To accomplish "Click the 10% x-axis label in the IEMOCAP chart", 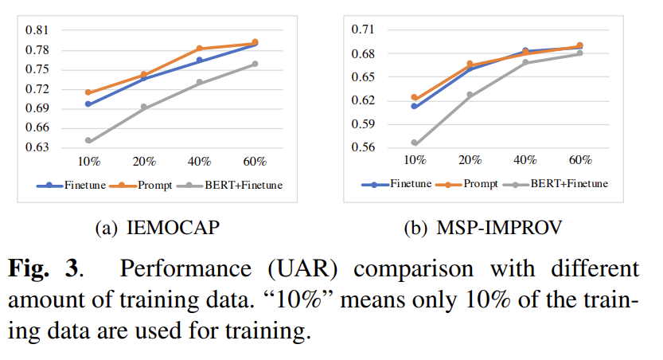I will [x=88, y=162].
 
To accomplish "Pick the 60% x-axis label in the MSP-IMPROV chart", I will [x=579, y=160].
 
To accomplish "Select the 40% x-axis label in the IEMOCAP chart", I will [x=200, y=162].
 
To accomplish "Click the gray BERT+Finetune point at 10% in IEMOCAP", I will [x=88, y=141].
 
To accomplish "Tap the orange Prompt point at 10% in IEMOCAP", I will [x=88, y=92].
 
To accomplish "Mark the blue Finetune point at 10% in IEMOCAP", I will [x=88, y=104].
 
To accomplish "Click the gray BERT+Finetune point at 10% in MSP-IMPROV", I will [x=415, y=143].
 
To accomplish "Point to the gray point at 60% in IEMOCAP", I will [x=255, y=64].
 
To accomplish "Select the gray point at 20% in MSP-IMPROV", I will [x=470, y=95].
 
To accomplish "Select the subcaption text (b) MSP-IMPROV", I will [x=488, y=229].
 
